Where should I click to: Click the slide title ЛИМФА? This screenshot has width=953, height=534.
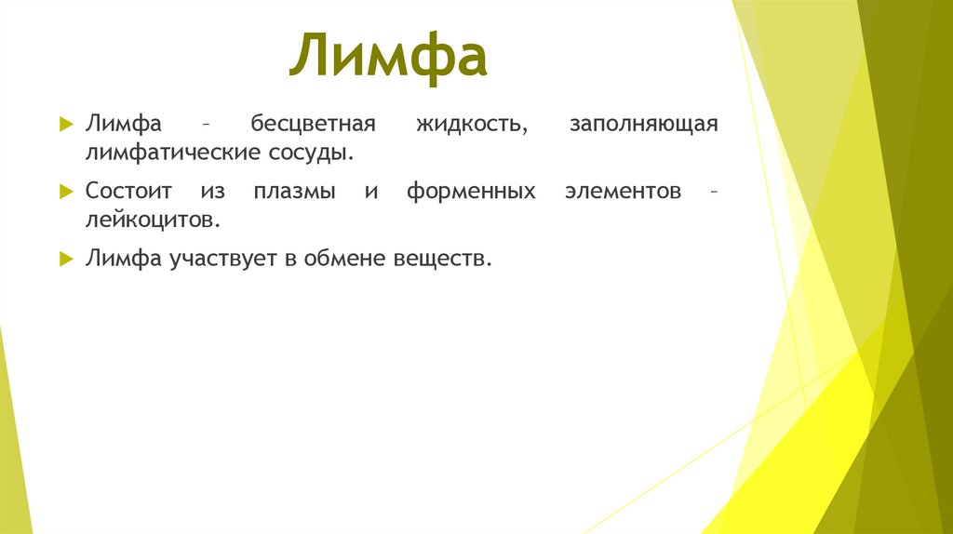tap(387, 59)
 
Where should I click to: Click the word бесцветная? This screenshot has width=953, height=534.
tap(311, 125)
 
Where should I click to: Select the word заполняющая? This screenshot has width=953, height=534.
tap(643, 125)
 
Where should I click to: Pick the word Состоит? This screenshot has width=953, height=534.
tap(129, 193)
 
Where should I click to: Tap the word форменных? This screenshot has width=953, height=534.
tap(471, 193)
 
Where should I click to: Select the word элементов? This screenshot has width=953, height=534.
tap(623, 193)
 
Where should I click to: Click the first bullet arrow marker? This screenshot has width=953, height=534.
tap(65, 125)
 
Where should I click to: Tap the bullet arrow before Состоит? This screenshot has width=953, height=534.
tap(65, 193)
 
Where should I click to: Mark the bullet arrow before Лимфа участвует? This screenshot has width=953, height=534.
tap(65, 260)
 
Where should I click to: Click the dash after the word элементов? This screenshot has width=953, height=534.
tap(713, 193)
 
